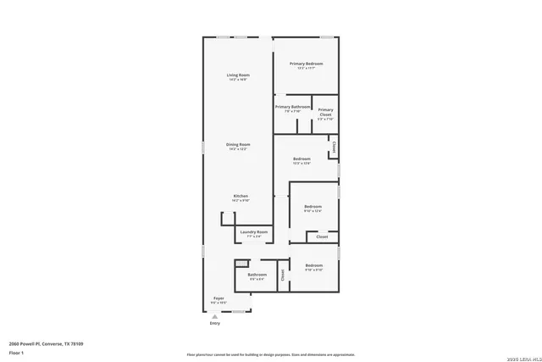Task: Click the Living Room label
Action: coord(237,76)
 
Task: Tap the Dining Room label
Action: coord(237,145)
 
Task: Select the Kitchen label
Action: coord(241,196)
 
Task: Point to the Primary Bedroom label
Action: coord(307,64)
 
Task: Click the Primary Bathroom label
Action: coord(293,107)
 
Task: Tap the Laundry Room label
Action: coord(253,231)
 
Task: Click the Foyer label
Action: coord(218,298)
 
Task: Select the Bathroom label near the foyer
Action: coord(257,275)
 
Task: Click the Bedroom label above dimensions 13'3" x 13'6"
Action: coord(301,159)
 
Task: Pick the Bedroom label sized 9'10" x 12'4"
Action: coord(313,207)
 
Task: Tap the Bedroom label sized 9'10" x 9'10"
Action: coord(313,266)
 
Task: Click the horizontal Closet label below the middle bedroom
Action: coord(322,237)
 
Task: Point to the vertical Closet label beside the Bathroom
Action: coord(283,275)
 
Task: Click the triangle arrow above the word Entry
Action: coord(214,316)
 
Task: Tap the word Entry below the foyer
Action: coord(214,323)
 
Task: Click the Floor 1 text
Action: coord(16,352)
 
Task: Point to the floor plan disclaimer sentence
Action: coord(271,354)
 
